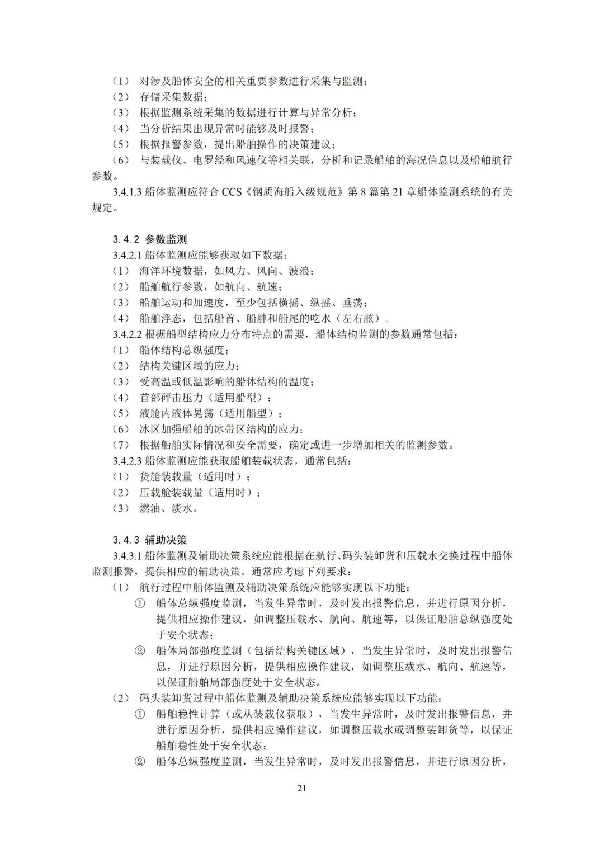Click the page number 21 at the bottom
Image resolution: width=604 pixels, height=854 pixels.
click(x=301, y=789)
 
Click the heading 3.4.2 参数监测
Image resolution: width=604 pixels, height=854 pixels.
click(x=149, y=240)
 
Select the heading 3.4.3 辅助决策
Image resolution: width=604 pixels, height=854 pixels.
click(x=149, y=540)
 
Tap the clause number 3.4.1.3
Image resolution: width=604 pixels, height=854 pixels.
click(x=127, y=192)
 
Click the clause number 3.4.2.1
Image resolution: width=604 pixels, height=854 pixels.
click(x=127, y=256)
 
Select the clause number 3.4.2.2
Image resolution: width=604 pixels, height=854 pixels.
click(x=127, y=334)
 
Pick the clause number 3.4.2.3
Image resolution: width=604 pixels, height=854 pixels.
click(x=127, y=461)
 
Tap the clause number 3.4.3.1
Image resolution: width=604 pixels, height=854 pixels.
click(x=127, y=556)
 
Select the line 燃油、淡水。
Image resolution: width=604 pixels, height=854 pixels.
click(x=168, y=508)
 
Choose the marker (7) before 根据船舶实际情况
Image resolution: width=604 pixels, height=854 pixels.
click(x=121, y=445)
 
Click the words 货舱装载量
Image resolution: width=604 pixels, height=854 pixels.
click(x=166, y=477)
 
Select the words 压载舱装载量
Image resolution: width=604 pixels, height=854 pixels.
click(x=171, y=493)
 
